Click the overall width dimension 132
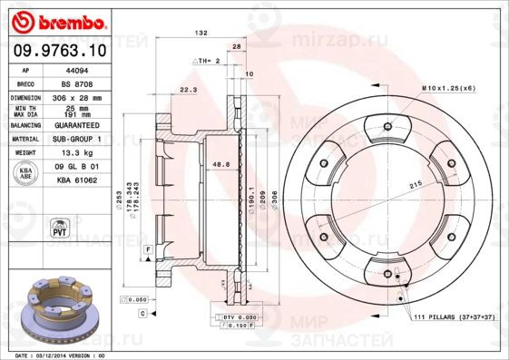pyautogui.click(x=202, y=33)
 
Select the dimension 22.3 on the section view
pyautogui.click(x=188, y=90)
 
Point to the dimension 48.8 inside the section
pyautogui.click(x=219, y=164)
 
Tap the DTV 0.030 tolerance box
pyautogui.click(x=235, y=316)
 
